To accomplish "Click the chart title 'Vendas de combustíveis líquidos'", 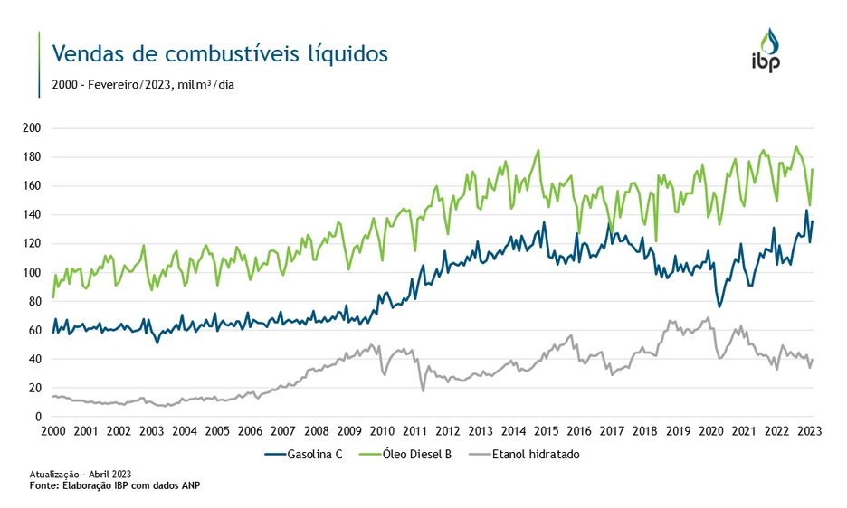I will [x=220, y=53].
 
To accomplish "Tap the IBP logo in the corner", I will [x=766, y=51].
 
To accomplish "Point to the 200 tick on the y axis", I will [x=33, y=128].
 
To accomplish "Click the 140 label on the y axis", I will [x=33, y=215].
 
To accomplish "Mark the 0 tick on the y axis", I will [x=39, y=417].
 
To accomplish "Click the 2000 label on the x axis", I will [x=53, y=431].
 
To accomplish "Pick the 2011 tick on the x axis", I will [x=414, y=431].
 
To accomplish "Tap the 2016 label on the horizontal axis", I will [x=579, y=431].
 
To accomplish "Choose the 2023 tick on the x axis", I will [x=810, y=431].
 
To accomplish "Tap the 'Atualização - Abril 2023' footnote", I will [x=81, y=474].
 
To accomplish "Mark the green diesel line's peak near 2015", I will [x=538, y=150].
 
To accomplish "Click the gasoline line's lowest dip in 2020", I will [x=719, y=306].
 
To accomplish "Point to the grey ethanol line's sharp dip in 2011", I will [x=423, y=390].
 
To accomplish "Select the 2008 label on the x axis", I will [x=316, y=431].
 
